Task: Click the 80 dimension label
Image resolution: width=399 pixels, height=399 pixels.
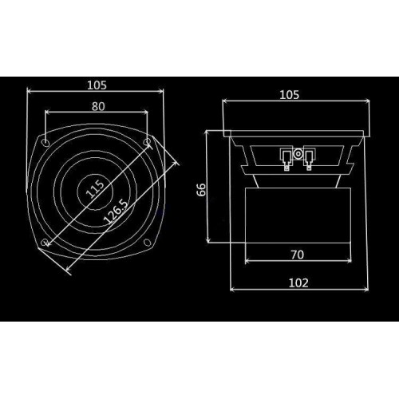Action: tap(98, 107)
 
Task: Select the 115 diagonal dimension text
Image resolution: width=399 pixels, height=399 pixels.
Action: tap(95, 189)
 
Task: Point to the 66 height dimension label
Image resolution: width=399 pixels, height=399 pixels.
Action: tap(202, 189)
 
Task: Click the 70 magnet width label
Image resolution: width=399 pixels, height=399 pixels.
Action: tap(298, 255)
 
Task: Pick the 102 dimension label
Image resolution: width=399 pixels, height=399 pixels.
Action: tap(298, 283)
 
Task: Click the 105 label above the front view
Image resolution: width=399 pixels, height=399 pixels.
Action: tap(97, 85)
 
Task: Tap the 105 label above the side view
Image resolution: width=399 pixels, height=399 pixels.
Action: tap(290, 95)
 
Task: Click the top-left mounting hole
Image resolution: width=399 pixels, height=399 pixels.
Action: tap(45, 143)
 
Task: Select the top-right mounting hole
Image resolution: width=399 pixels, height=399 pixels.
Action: tap(147, 142)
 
